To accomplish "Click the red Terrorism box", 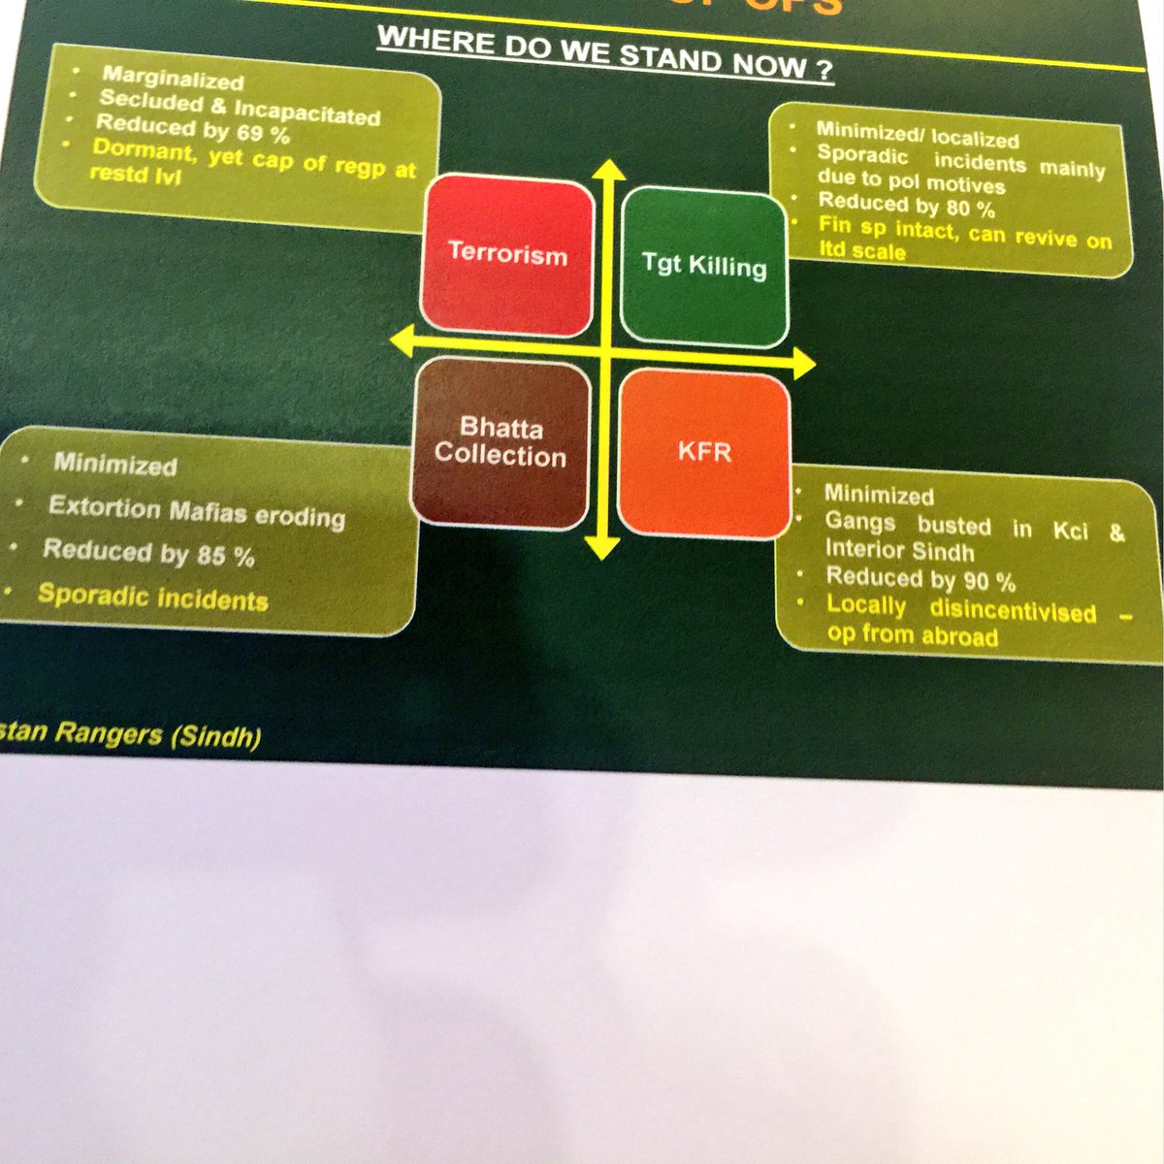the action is tap(507, 255).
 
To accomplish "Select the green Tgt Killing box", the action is tap(703, 266).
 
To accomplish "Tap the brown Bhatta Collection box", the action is tap(501, 442).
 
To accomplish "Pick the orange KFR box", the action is tap(704, 452).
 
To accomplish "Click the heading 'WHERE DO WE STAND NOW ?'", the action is tap(605, 55).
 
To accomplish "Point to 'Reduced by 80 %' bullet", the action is tap(906, 205).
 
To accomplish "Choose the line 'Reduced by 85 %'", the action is tap(148, 553).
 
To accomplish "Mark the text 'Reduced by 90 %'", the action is tap(920, 579).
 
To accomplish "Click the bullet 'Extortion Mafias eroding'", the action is tap(196, 510).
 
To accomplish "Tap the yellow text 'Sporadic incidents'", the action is tap(152, 597).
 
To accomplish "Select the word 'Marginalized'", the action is tap(173, 79).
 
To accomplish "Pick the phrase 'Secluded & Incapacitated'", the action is tap(240, 108).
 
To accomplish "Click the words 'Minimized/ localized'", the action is tap(917, 134).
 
